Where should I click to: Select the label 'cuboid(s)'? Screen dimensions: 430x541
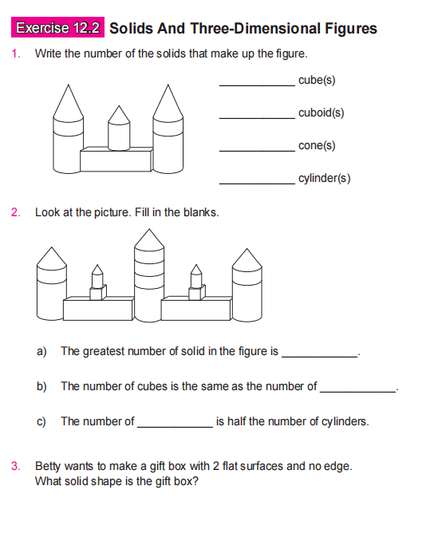pos(321,113)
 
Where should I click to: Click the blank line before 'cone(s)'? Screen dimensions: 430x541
pos(256,148)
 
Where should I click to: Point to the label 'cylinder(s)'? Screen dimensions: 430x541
pos(324,178)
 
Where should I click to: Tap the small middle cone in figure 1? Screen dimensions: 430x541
pos(119,116)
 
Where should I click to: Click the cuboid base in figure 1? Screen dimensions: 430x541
pos(116,160)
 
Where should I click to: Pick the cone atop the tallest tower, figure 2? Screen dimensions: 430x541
pos(147,239)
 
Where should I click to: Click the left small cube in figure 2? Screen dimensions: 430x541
pos(97,293)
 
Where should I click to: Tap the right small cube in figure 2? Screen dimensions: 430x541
pos(195,293)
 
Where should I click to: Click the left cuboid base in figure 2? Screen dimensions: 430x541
pos(97,310)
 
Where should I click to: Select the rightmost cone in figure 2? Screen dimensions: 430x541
pos(247,259)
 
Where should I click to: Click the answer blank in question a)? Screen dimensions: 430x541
pos(321,353)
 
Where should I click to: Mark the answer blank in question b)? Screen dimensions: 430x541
pos(357,389)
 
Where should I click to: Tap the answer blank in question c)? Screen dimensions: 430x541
pos(175,425)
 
